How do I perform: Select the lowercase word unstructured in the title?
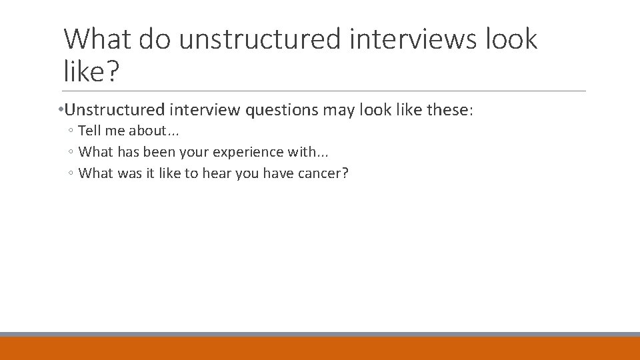(259, 39)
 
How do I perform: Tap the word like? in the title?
(91, 71)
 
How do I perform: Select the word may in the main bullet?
(339, 110)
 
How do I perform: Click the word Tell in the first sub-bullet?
(90, 131)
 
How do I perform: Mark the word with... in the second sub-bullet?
(308, 152)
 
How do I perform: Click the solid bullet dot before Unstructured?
(61, 110)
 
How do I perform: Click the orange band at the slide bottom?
(320, 348)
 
